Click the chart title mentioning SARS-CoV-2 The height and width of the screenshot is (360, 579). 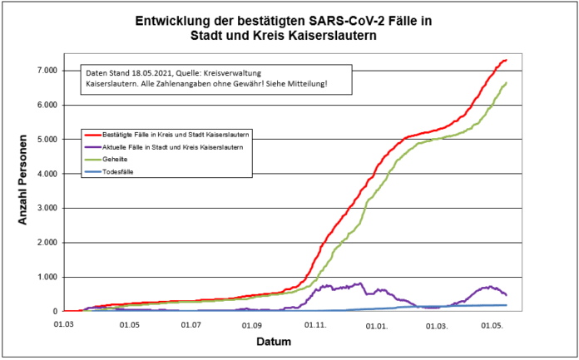click(289, 30)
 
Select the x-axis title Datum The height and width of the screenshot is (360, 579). click(274, 342)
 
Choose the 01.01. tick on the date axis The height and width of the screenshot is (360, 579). click(378, 325)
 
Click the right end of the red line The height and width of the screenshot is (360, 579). click(507, 60)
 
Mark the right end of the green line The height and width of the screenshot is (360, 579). click(507, 82)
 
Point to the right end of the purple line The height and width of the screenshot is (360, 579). click(507, 295)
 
